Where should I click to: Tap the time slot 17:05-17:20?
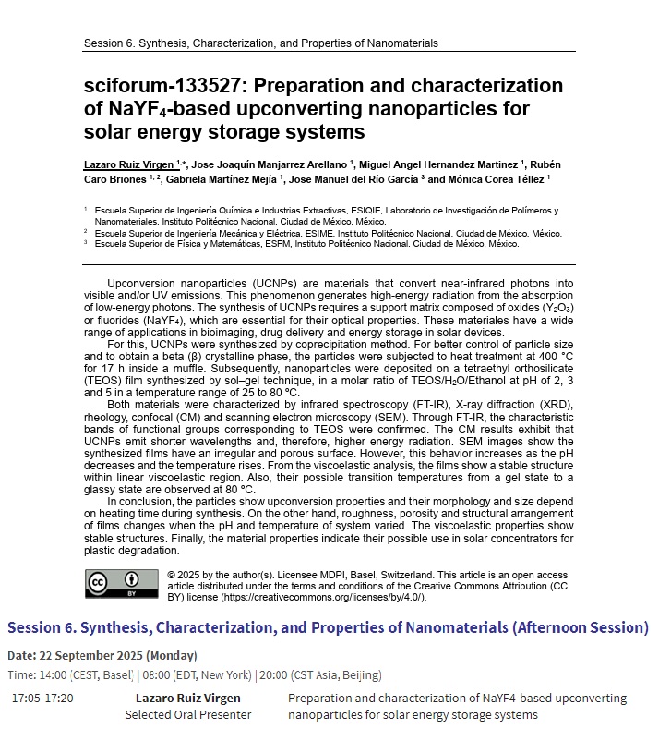[42, 698]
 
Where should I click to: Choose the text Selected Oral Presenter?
[188, 714]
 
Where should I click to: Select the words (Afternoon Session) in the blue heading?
[581, 628]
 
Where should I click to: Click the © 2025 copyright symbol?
[172, 574]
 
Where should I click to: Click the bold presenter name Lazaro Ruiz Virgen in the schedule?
[188, 698]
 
